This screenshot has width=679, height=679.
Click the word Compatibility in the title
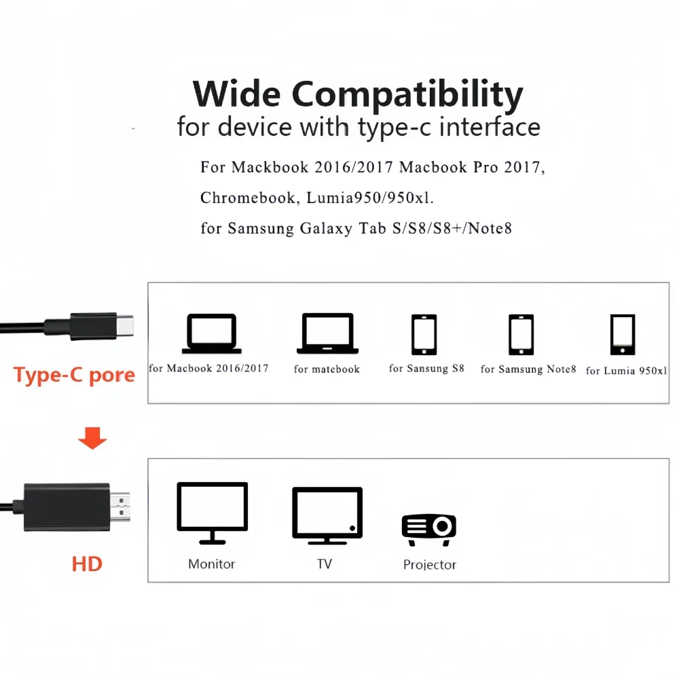pos(407,95)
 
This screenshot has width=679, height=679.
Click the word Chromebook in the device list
pos(248,198)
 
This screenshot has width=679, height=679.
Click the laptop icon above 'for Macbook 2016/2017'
pos(212,333)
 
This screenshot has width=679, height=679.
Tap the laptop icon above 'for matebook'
pos(327,333)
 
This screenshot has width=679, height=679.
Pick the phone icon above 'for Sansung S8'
pos(424,334)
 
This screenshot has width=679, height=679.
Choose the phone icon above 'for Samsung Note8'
pos(521,335)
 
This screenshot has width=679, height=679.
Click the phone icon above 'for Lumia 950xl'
pos(622,335)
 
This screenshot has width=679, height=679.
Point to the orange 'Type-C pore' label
pos(74,375)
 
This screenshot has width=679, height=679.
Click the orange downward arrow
pos(92,439)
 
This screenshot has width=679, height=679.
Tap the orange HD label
pos(87,564)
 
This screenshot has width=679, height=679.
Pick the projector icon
pos(429,529)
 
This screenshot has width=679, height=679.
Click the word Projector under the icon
pos(430,564)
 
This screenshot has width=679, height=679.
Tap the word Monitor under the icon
pos(211,564)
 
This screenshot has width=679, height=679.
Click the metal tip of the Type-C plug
pos(126,327)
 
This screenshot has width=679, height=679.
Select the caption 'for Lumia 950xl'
pos(626,371)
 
